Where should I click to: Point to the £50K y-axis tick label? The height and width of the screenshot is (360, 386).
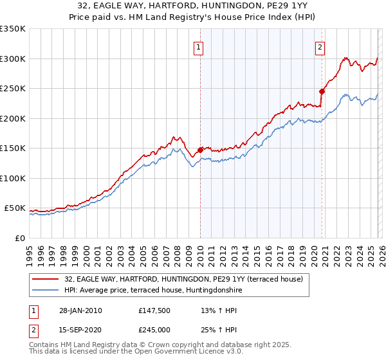[15, 208]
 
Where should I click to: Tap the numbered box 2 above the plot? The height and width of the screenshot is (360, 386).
[320, 47]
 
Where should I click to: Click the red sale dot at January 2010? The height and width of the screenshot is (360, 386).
[200, 150]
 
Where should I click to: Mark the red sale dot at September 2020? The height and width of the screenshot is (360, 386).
[322, 91]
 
